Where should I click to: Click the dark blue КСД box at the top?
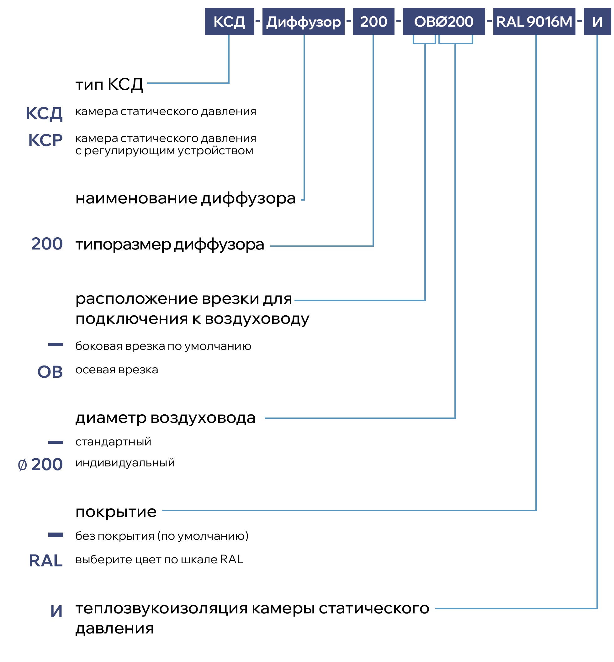tap(229, 22)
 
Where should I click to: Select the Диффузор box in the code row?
tap(303, 22)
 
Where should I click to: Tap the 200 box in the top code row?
tap(373, 22)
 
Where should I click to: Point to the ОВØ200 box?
tap(443, 22)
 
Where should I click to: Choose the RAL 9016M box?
tap(534, 22)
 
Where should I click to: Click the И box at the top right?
tap(597, 22)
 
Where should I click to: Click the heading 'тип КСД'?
tap(109, 84)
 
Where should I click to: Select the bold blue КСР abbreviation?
tap(45, 140)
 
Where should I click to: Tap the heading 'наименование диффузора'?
tap(185, 199)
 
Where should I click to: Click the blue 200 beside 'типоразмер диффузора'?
tap(47, 244)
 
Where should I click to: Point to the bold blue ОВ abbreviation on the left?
tap(50, 372)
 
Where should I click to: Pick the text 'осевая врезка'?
tap(117, 370)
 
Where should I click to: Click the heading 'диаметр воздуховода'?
tap(166, 418)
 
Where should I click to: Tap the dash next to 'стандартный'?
tap(56, 442)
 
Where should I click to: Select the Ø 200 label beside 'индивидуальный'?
tap(40, 464)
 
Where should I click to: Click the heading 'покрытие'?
tap(116, 512)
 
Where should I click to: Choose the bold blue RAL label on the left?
tap(46, 561)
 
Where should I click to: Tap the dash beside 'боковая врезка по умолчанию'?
tap(56, 344)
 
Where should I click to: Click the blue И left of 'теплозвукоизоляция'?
tap(56, 611)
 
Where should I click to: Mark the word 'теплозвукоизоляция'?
tap(161, 608)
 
